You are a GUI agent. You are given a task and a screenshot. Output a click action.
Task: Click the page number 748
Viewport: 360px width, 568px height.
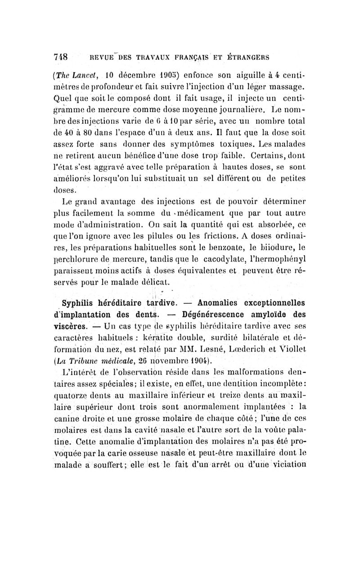(59, 58)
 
